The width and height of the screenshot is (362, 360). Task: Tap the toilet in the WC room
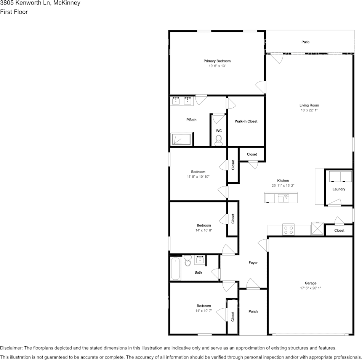coord(218,142)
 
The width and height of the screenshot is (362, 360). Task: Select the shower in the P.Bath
coord(182,139)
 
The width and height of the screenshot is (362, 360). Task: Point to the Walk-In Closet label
coord(246,121)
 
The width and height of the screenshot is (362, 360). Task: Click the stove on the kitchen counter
coord(288,229)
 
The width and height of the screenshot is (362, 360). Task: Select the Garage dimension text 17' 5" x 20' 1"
coord(310,288)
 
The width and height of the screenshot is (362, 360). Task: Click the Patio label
coord(305,42)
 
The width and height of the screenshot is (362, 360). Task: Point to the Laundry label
coord(338,189)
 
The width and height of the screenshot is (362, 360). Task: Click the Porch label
coord(253,311)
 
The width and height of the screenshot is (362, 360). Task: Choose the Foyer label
coord(253,263)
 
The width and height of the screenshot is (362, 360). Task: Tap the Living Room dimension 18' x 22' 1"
coord(309,110)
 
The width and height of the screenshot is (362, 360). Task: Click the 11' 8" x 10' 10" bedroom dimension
coord(198,177)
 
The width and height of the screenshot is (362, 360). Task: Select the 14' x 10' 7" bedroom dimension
coord(203,311)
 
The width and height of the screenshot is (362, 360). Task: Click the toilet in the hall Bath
coord(187,262)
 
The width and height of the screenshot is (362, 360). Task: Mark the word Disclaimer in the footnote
coord(11,348)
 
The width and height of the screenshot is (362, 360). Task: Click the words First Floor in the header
coord(14,12)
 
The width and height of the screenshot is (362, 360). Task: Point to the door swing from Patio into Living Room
coord(277,59)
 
